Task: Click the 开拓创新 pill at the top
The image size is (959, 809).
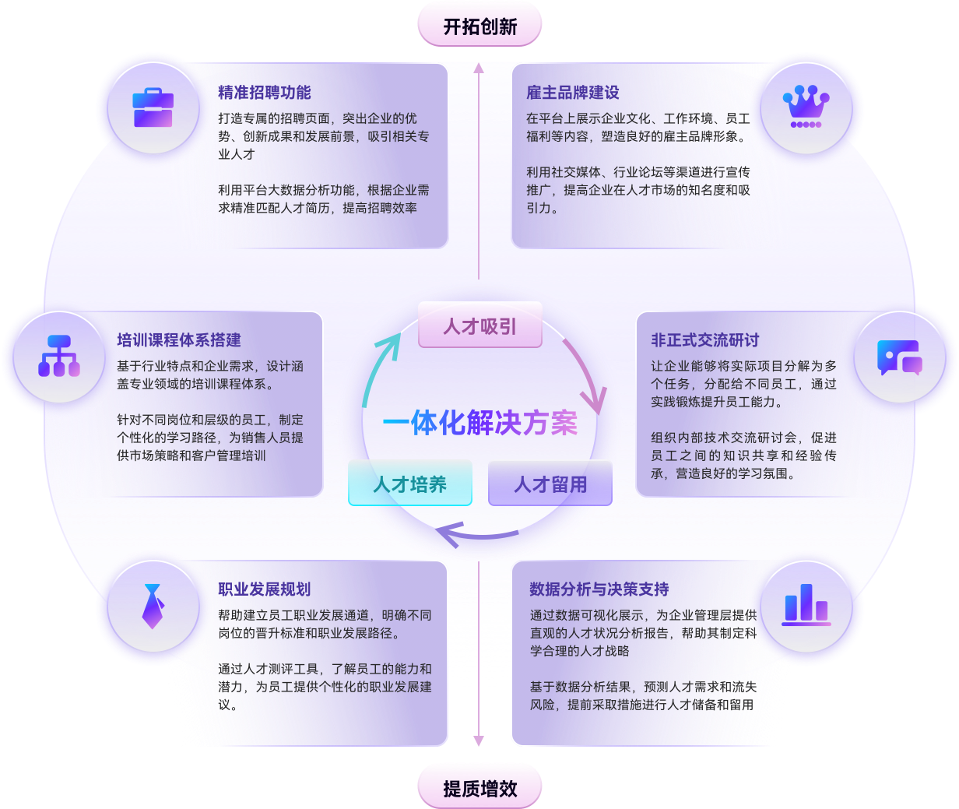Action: pos(479,26)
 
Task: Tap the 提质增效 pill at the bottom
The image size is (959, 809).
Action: pos(479,788)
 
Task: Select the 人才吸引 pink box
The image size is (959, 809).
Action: pos(479,325)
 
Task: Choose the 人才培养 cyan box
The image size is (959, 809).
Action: pos(409,484)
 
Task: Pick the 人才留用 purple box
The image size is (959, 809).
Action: pos(550,484)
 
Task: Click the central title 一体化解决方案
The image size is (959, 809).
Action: pos(479,423)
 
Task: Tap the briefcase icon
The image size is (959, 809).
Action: pos(153,108)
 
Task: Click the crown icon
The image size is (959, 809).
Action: pos(806,107)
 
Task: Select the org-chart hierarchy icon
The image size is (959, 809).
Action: pos(59,357)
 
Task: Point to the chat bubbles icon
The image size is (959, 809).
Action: pos(899,357)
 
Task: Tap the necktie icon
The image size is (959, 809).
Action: pos(153,606)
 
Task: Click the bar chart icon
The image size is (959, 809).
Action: pos(806,605)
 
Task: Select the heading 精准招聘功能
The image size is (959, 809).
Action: pos(265,93)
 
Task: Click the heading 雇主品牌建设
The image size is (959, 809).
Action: pos(573,93)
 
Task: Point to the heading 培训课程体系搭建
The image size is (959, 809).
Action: pos(179,340)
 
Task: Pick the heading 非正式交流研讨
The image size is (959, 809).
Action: pos(705,340)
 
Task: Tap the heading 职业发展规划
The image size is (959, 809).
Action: pos(265,589)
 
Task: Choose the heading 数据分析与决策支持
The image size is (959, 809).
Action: pos(599,589)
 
